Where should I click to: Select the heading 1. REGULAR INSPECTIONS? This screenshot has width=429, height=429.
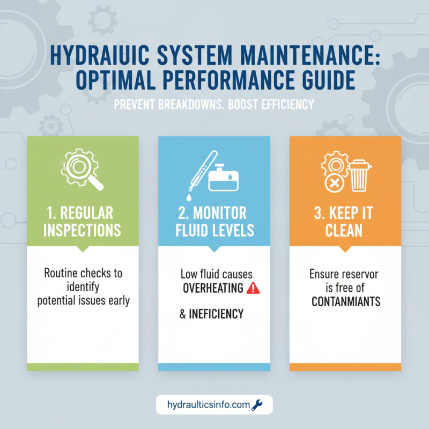(x=83, y=221)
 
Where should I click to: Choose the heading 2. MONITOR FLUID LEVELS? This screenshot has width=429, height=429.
(x=214, y=221)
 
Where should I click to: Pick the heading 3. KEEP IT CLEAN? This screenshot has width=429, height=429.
(x=345, y=221)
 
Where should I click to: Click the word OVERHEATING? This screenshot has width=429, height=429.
(x=213, y=289)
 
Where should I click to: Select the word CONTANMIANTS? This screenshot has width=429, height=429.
(x=346, y=301)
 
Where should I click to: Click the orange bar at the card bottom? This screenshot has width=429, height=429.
(x=345, y=367)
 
